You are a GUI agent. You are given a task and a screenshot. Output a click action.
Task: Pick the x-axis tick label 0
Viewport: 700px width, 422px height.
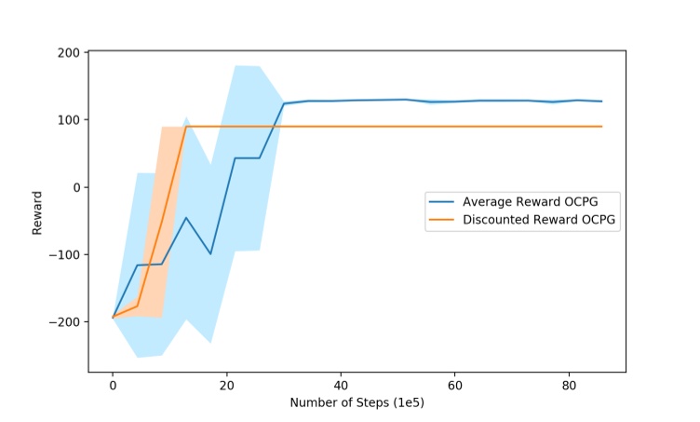click(x=113, y=385)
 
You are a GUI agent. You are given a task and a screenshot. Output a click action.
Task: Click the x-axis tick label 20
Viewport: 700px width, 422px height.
click(x=227, y=385)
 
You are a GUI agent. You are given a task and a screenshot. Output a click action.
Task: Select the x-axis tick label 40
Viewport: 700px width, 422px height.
click(x=341, y=385)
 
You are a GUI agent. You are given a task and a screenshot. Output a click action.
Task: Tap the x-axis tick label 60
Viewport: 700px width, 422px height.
click(x=454, y=385)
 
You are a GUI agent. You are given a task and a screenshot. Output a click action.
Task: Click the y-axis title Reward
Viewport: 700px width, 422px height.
click(x=37, y=212)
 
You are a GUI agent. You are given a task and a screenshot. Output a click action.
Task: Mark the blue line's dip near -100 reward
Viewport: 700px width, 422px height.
click(x=210, y=253)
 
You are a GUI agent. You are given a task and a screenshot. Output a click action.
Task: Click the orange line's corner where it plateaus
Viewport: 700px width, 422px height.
click(x=186, y=127)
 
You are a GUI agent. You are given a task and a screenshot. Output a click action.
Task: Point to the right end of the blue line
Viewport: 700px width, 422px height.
click(x=601, y=102)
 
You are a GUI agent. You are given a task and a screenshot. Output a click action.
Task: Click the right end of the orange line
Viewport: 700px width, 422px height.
click(x=601, y=127)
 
